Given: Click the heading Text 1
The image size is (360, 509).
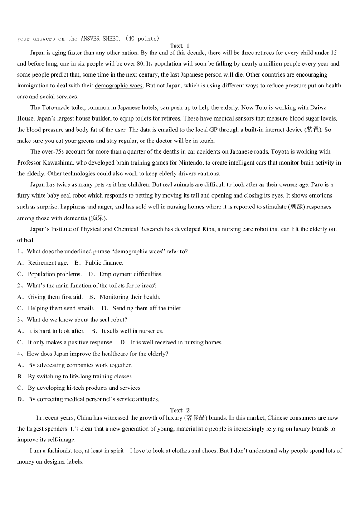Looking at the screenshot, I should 180,46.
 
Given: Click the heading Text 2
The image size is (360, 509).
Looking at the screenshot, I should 180,411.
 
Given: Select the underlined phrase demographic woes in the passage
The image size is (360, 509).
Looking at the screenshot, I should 119,86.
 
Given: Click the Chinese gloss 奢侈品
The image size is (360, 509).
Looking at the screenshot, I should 196,418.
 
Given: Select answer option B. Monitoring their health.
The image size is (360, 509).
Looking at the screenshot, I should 125,297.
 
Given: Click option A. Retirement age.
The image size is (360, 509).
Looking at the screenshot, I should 43,263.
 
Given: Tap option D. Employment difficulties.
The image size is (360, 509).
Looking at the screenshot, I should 126,274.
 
